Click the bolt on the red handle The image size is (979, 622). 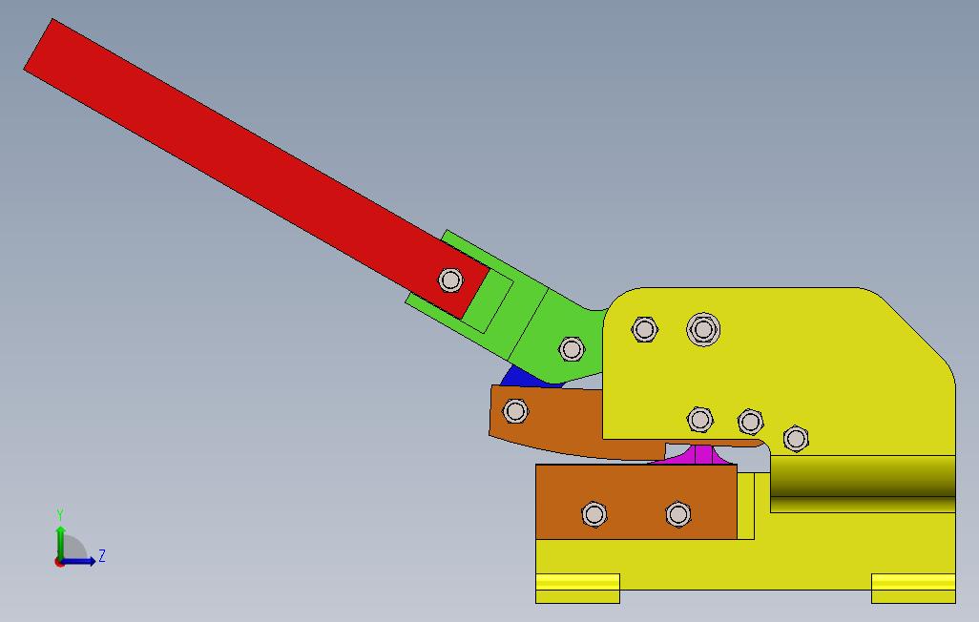(x=450, y=280)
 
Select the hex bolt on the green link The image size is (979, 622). (x=572, y=349)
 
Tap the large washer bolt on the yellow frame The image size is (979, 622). (x=703, y=329)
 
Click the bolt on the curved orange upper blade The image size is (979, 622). (x=515, y=411)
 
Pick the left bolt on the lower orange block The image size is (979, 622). (x=594, y=514)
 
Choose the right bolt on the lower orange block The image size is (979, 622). (x=678, y=514)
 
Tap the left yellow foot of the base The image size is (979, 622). (x=577, y=589)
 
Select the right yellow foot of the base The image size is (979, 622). (x=913, y=589)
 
